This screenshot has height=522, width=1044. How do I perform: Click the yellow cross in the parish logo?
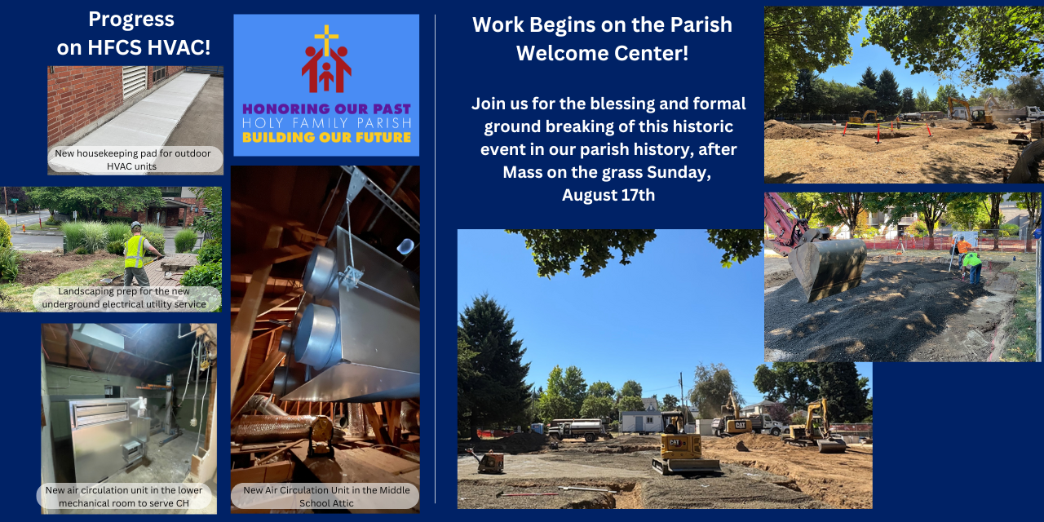point(326,40)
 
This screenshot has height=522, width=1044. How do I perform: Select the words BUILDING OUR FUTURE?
point(326,138)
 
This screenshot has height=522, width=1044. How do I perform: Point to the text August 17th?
point(608,195)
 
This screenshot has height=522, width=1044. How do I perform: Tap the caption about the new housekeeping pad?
point(133,160)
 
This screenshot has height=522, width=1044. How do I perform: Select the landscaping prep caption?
point(124,298)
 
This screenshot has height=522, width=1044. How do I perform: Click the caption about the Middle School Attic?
point(326,497)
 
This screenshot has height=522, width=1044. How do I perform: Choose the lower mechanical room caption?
point(124,497)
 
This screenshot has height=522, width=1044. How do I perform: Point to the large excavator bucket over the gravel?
point(828,268)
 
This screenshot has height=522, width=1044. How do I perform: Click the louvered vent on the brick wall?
point(135,82)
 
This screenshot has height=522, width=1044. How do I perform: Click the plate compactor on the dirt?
point(487,461)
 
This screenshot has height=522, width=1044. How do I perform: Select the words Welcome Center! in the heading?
point(602,53)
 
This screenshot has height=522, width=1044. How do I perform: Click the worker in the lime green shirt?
point(973,268)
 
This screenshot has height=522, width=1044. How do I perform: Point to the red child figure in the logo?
point(326,76)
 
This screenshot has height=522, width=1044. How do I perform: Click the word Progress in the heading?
point(131,20)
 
